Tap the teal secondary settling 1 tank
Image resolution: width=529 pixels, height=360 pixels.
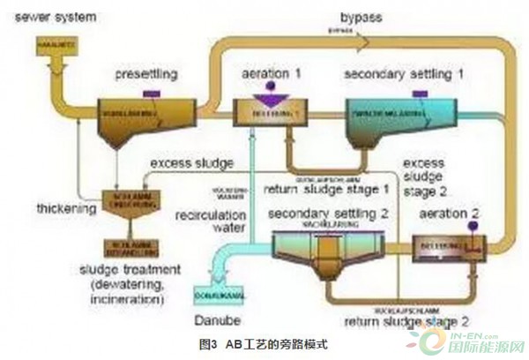point(388,118)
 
